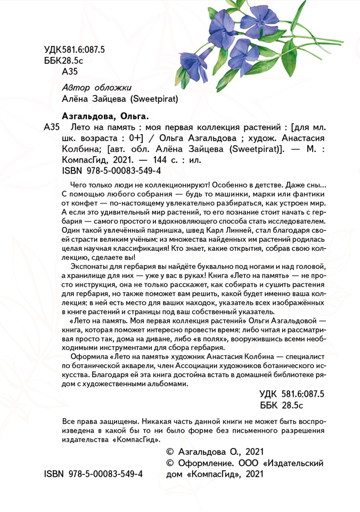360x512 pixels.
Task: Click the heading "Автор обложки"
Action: tap(96, 87)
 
